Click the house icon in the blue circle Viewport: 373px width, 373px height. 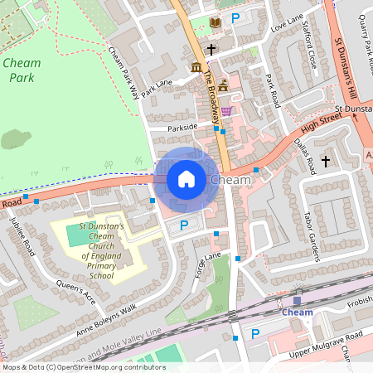[x=186, y=178]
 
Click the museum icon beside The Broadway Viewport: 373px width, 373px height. [x=196, y=66]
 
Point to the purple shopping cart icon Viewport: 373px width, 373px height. [x=226, y=110]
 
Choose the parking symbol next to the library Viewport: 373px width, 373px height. [x=235, y=17]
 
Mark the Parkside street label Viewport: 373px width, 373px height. [x=183, y=127]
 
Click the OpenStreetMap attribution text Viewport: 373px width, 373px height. [x=83, y=366]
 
